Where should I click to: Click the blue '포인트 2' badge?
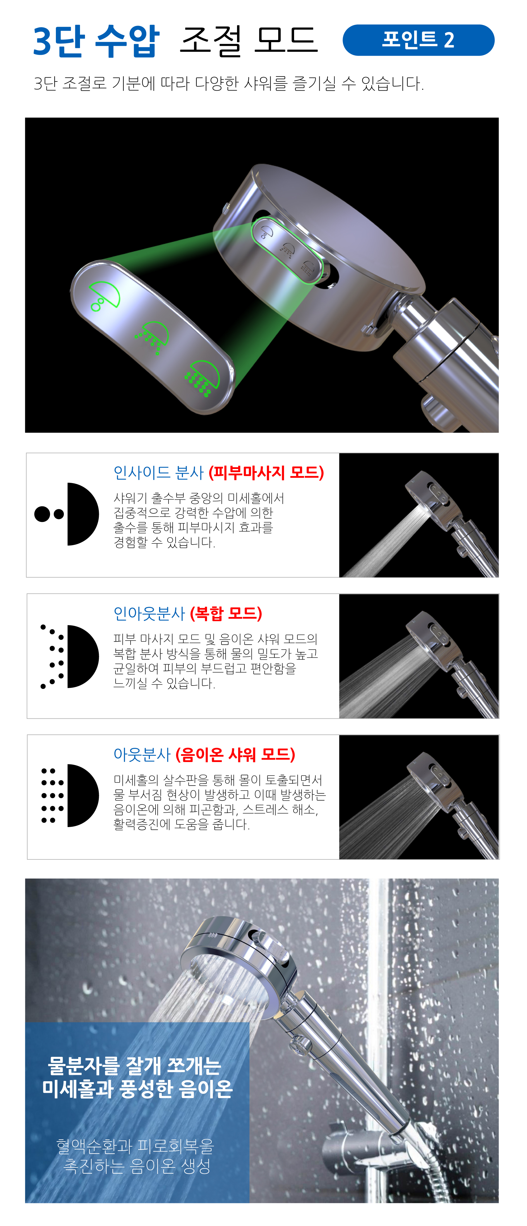tap(418, 40)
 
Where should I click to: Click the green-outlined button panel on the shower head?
tap(287, 250)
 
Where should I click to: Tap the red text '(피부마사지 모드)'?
tap(266, 473)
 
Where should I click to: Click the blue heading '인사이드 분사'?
tap(159, 473)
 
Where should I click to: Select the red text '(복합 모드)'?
tap(226, 613)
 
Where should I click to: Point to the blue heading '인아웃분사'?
tap(149, 613)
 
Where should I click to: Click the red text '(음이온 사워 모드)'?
tap(236, 754)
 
